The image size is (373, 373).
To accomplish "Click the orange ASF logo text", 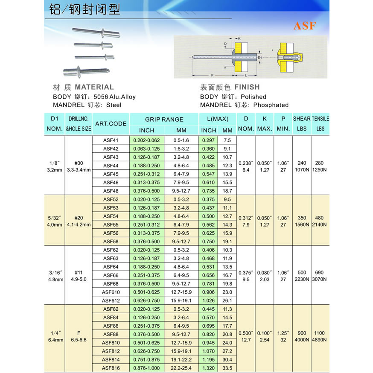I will (x=304, y=26).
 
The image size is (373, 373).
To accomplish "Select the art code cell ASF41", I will (x=111, y=140).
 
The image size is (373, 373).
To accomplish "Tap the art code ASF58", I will (x=111, y=241).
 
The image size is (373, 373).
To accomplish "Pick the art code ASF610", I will (x=111, y=292).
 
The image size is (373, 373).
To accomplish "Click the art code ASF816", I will (x=111, y=368).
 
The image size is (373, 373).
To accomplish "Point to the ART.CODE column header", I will (x=111, y=124).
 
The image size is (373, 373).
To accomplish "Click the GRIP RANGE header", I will (x=164, y=119).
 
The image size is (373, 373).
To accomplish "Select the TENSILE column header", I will (x=321, y=119).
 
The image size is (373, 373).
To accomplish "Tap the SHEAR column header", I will (x=302, y=119).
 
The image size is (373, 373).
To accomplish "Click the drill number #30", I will (x=79, y=163).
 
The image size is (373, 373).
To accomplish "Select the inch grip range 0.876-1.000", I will (x=146, y=368).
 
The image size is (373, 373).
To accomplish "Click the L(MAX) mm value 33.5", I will (x=227, y=368).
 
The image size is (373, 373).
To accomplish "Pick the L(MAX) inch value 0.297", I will (x=209, y=140).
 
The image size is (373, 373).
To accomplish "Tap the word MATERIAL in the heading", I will (x=94, y=87).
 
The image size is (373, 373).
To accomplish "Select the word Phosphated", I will (x=271, y=105).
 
